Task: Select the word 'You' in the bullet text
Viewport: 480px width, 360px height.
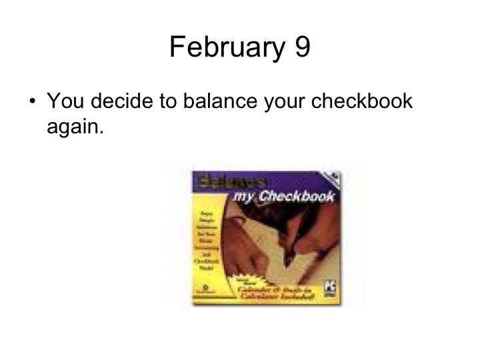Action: [x=66, y=103]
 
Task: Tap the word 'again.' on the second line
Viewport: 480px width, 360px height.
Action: [x=75, y=127]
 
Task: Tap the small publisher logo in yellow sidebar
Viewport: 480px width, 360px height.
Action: [x=203, y=291]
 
